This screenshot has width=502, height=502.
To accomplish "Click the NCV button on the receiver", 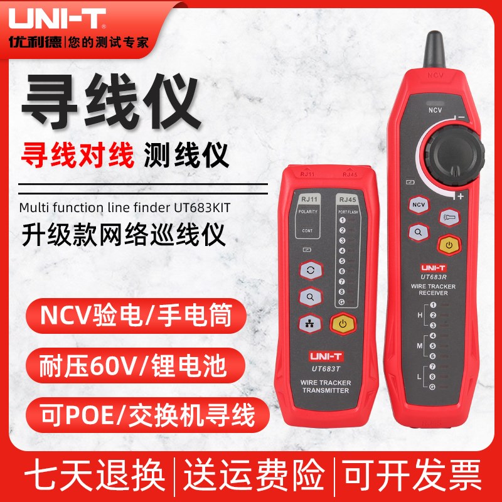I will point(418,205).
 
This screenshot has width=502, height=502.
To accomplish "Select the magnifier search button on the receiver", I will point(418,232).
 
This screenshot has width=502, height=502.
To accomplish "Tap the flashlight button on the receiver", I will point(449,216).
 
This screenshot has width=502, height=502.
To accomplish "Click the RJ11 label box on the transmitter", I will point(308,200).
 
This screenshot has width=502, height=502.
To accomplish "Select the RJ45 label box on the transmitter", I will point(346,200).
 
